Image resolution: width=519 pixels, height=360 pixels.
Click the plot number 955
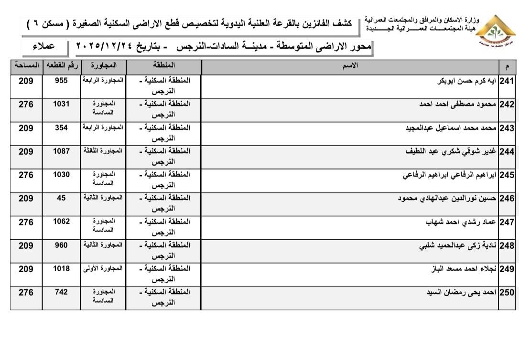pyautogui.click(x=61, y=81)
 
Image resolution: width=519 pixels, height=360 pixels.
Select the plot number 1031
pyautogui.click(x=61, y=105)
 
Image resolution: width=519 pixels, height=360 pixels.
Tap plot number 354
pyautogui.click(x=61, y=128)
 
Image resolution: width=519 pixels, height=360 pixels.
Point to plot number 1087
pyautogui.click(x=61, y=151)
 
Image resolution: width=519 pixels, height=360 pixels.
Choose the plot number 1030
pyautogui.click(x=61, y=175)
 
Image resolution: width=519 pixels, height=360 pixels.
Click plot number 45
pyautogui.click(x=61, y=198)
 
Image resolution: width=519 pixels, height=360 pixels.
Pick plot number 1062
pyautogui.click(x=61, y=222)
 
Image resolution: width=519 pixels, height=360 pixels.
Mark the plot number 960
pyautogui.click(x=61, y=245)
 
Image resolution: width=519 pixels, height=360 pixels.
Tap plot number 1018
pyautogui.click(x=61, y=269)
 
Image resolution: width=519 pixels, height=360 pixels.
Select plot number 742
pyautogui.click(x=61, y=292)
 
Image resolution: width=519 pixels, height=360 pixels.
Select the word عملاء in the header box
pyautogui.click(x=43, y=47)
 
